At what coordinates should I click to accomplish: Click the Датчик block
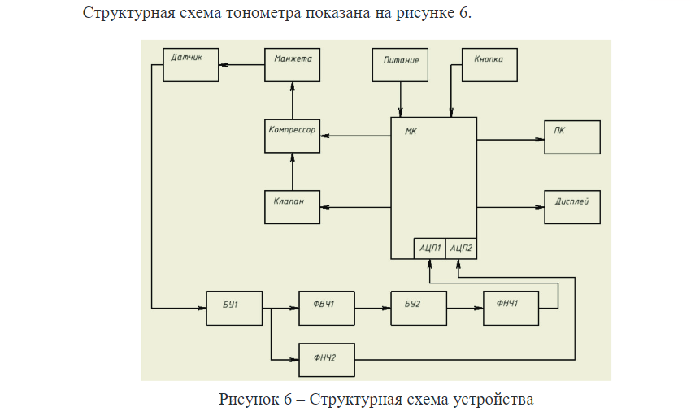(x=191, y=65)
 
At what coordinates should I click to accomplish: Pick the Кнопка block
(x=489, y=65)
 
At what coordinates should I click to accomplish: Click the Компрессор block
(x=292, y=136)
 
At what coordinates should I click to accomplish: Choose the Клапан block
(x=292, y=207)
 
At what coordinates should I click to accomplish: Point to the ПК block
(x=572, y=136)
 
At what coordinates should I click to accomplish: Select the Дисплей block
(x=572, y=207)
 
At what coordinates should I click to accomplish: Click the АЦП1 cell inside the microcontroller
(x=428, y=249)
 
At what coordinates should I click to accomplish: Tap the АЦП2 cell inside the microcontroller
(x=461, y=249)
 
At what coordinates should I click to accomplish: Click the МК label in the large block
(x=411, y=131)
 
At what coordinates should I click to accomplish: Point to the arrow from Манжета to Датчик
(x=241, y=65)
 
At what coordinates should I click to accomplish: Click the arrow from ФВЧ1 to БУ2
(x=373, y=309)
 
